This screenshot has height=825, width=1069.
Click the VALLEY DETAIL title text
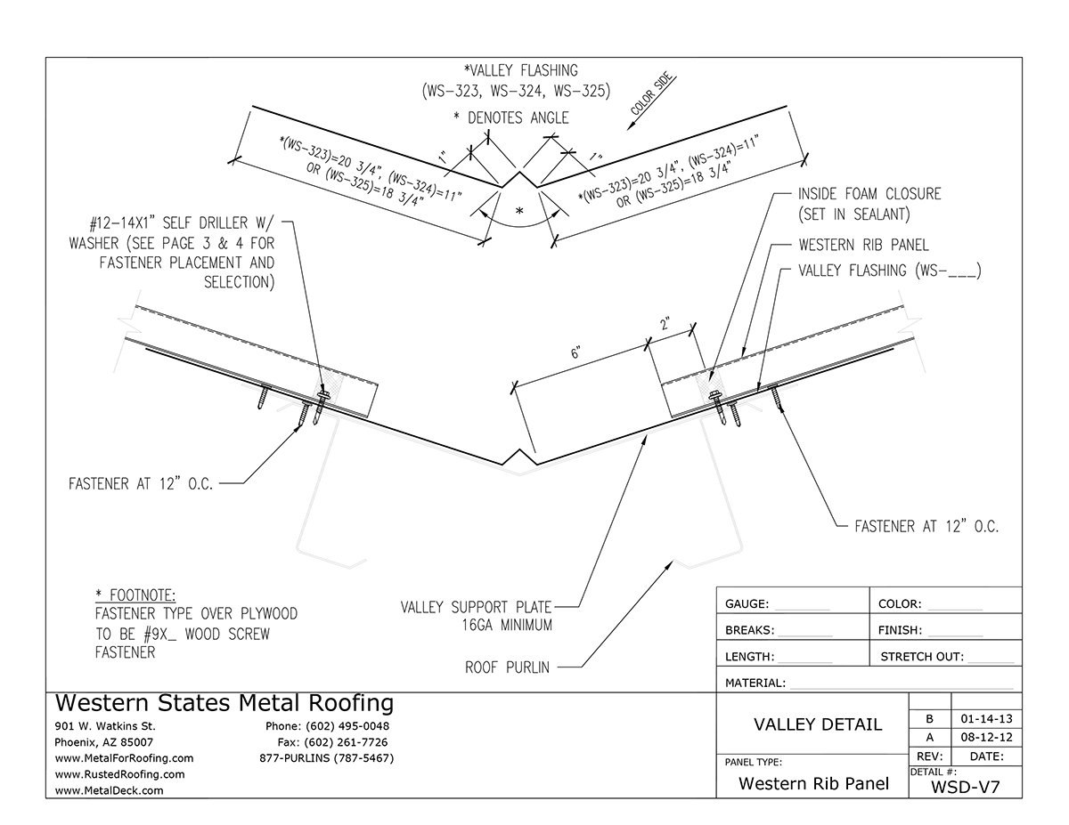[818, 724]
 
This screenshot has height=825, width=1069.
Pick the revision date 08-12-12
[986, 738]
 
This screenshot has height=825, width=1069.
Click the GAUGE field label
[747, 604]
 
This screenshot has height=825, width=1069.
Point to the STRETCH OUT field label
[922, 658]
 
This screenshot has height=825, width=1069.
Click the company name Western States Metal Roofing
[224, 704]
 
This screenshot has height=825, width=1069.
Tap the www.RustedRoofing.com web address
[119, 774]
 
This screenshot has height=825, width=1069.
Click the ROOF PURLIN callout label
[507, 666]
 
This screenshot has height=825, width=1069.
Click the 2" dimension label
[664, 325]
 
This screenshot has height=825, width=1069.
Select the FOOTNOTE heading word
[140, 594]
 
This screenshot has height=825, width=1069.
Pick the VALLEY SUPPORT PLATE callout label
[476, 607]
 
